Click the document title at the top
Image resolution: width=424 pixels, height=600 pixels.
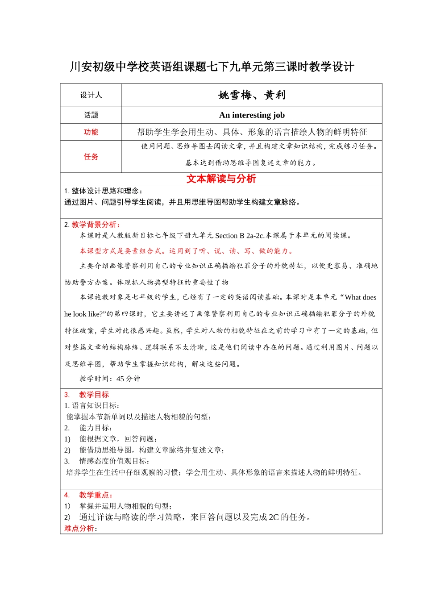(212, 67)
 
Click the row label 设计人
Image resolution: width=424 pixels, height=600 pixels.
(91, 95)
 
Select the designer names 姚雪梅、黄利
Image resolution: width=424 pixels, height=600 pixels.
(252, 95)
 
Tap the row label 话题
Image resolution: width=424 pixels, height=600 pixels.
(91, 115)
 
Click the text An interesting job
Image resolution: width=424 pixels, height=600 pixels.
(252, 115)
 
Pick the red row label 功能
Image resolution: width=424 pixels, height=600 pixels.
(91, 132)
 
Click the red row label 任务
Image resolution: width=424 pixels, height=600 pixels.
(91, 157)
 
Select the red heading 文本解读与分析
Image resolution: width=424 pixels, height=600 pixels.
(221, 179)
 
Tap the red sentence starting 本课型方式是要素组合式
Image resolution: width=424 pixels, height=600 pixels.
(187, 251)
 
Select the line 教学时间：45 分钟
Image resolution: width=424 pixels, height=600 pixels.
(110, 379)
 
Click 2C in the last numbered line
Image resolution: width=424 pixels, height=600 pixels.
(274, 517)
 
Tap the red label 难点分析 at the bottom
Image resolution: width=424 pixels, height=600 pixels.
(80, 529)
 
